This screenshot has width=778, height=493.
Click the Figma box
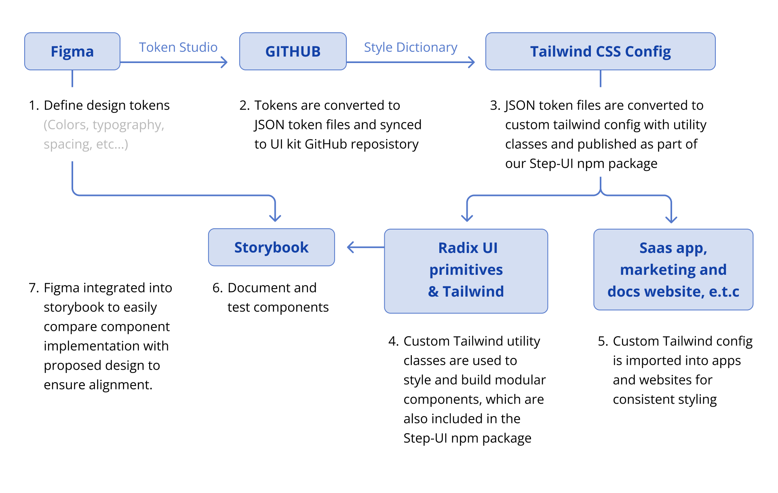click(72, 51)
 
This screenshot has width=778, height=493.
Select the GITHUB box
click(293, 51)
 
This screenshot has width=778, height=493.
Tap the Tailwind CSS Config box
click(600, 51)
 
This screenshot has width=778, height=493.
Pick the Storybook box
click(271, 247)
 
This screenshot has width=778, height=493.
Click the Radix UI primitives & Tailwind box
click(466, 271)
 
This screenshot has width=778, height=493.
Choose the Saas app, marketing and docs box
click(673, 270)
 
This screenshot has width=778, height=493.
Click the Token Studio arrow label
click(178, 47)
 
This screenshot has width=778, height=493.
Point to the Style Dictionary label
click(410, 47)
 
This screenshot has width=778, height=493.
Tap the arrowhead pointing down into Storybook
click(275, 218)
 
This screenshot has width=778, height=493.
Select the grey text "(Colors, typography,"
click(104, 125)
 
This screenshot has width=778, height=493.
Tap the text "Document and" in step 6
click(272, 288)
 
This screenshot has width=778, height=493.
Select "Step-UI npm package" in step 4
click(467, 438)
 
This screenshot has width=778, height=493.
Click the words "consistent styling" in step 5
click(664, 399)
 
